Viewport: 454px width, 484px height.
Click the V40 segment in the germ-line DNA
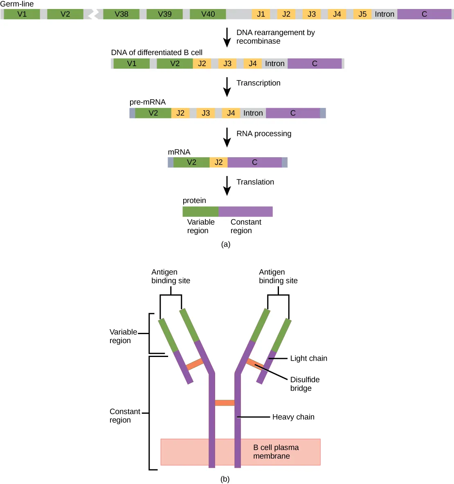(x=208, y=14)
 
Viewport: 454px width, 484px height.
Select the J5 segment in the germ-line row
(x=362, y=14)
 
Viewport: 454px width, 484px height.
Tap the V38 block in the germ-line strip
(x=121, y=14)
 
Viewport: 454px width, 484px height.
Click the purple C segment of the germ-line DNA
(x=424, y=14)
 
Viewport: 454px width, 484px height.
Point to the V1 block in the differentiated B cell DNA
(x=132, y=64)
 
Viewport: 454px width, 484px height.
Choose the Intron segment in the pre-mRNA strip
(x=253, y=113)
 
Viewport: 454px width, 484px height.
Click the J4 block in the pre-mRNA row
(x=231, y=113)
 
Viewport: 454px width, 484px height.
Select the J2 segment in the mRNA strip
(x=219, y=163)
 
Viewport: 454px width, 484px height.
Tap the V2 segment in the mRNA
(x=191, y=163)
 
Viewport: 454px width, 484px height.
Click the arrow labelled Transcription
(x=227, y=87)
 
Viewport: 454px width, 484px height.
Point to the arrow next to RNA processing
(x=227, y=137)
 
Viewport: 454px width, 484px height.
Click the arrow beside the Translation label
(x=227, y=186)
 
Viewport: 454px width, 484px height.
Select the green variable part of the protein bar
(x=200, y=212)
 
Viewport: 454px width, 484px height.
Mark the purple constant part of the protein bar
(x=245, y=212)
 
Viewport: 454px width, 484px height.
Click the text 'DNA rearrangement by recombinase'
(x=275, y=37)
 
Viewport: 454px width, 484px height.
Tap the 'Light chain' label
(x=308, y=359)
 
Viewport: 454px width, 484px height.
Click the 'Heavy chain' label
(x=293, y=417)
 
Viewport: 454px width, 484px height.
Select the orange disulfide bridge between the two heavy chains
(x=225, y=403)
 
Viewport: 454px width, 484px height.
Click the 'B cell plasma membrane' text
(x=276, y=452)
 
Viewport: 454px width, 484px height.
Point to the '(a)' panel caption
(x=226, y=244)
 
